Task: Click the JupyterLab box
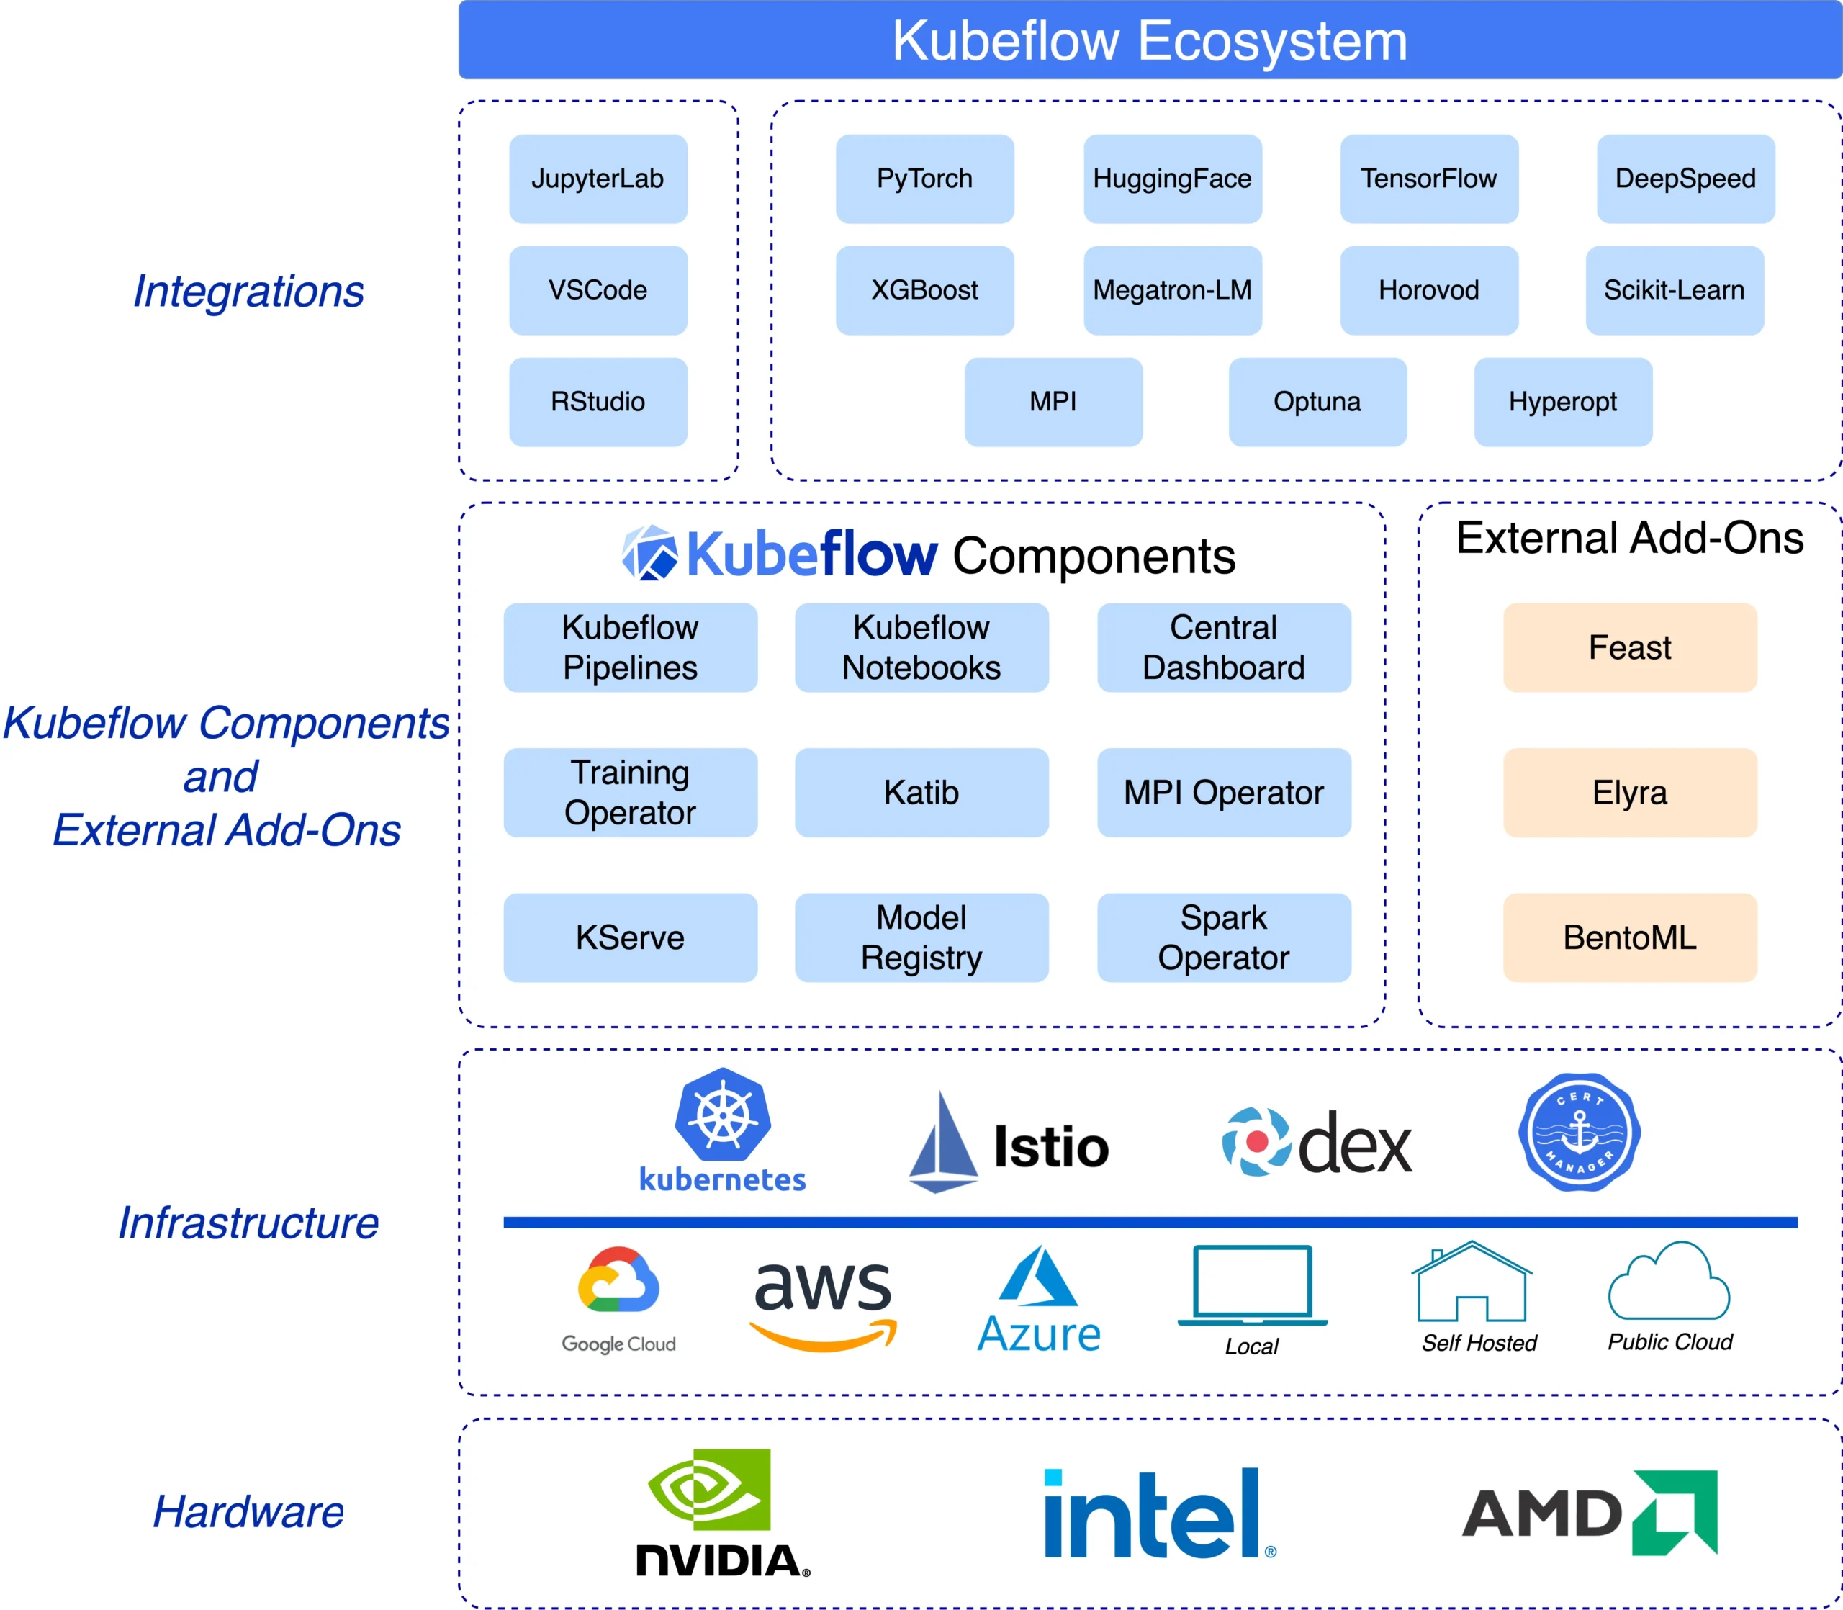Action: [598, 179]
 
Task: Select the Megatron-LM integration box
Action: [1172, 290]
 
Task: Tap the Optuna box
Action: [1317, 402]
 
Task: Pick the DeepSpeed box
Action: [1685, 179]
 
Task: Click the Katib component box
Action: [921, 793]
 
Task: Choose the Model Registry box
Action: [921, 937]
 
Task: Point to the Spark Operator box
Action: [1223, 937]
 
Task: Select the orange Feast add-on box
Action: [1629, 647]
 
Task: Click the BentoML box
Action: [1629, 937]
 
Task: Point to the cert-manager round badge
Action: [1579, 1132]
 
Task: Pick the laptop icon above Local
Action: [1252, 1285]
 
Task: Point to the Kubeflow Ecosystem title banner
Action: [1150, 40]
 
